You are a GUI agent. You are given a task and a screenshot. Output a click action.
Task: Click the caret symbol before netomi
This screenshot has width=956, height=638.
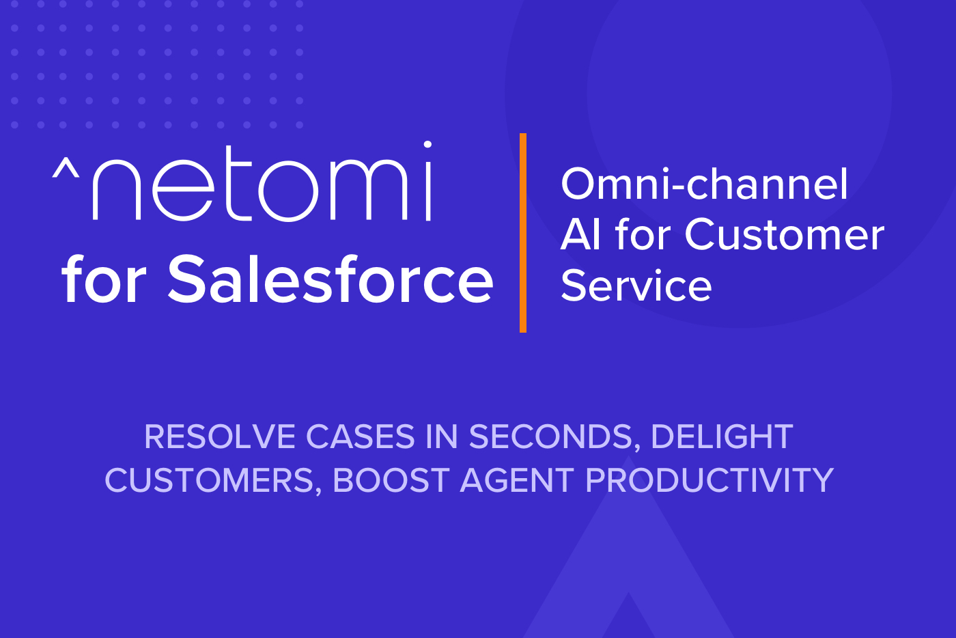tap(66, 168)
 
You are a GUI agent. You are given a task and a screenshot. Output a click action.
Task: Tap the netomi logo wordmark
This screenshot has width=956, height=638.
tap(242, 181)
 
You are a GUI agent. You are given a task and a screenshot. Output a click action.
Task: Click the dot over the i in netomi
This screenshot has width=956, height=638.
tap(427, 144)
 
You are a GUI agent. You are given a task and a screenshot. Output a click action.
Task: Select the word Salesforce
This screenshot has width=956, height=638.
tap(331, 279)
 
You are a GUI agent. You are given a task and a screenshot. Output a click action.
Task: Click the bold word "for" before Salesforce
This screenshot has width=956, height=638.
tap(104, 279)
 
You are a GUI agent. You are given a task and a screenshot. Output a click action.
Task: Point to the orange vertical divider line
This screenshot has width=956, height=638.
tap(523, 233)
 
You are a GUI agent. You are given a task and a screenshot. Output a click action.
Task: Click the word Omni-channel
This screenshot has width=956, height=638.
tap(704, 184)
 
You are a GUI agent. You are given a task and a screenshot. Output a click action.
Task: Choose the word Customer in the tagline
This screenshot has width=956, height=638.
tap(785, 234)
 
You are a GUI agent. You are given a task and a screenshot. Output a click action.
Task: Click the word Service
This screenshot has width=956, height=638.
tap(636, 286)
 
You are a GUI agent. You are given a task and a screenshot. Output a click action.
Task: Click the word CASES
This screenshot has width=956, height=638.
tap(361, 436)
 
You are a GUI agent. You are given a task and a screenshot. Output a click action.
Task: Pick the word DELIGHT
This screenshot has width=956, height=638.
tap(722, 436)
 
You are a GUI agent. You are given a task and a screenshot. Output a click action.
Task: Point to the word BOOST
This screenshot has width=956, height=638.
tap(391, 480)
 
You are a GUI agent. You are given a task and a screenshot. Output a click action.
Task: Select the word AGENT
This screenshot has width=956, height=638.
tap(518, 480)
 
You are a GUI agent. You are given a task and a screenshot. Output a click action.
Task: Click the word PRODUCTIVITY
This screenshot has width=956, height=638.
tap(709, 480)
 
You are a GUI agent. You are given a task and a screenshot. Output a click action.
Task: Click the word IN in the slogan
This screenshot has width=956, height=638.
tap(442, 436)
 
